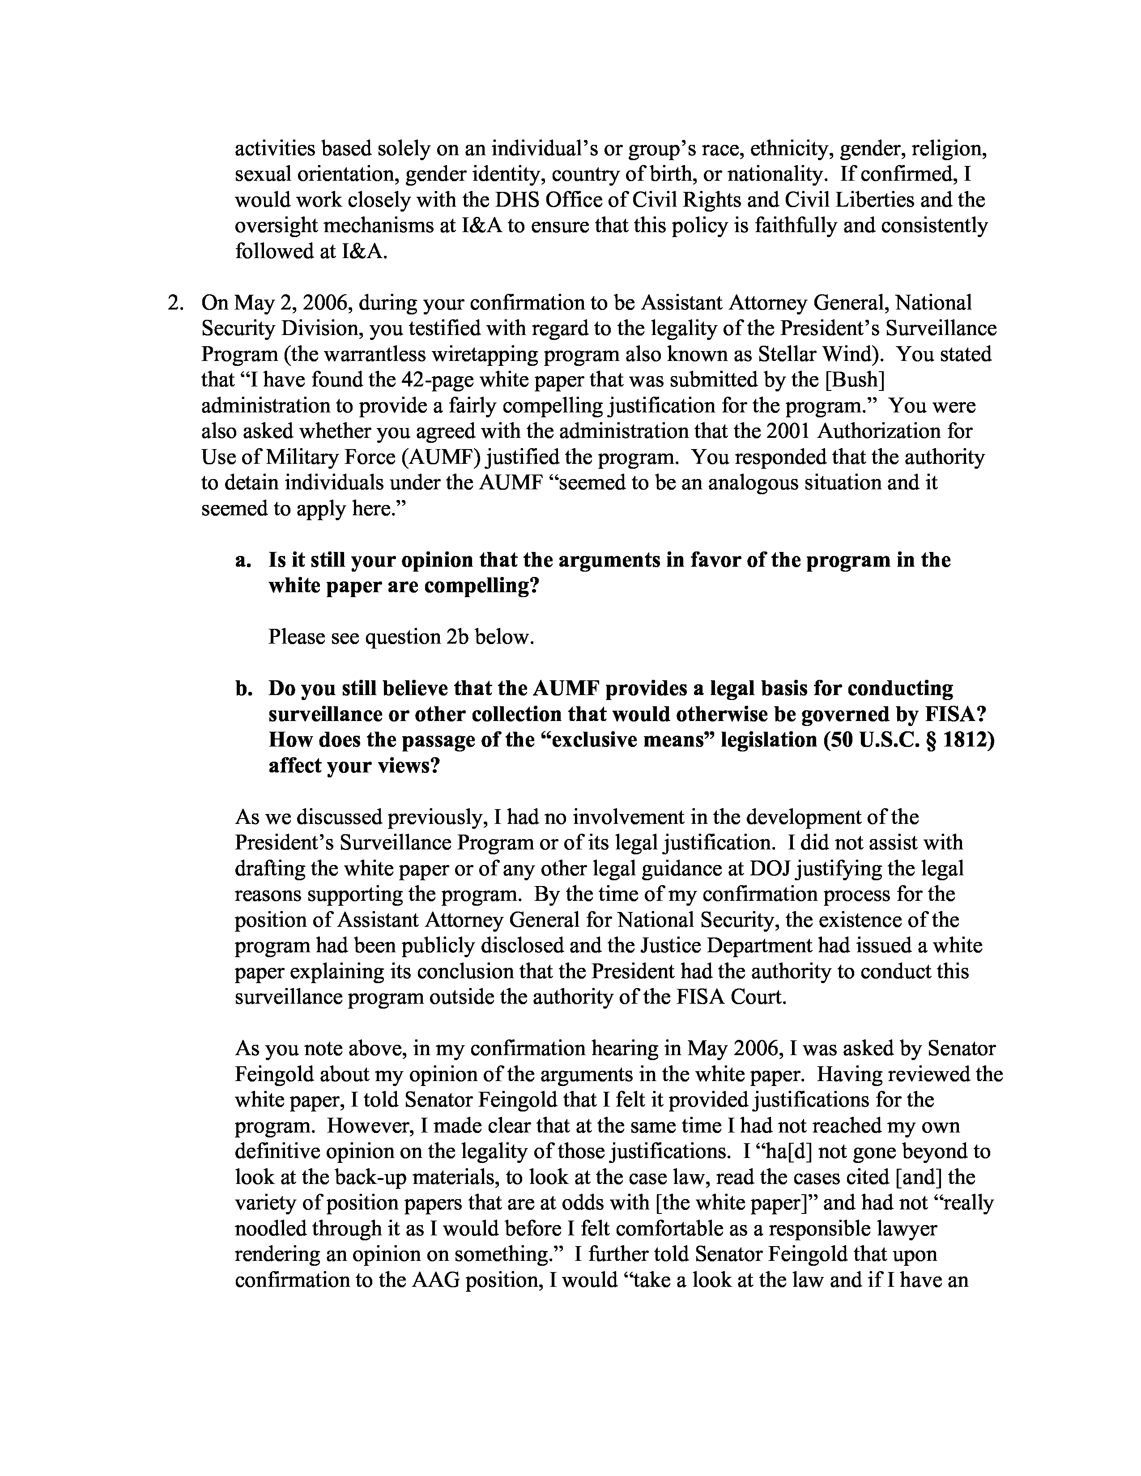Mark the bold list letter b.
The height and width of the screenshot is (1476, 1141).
tap(243, 689)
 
